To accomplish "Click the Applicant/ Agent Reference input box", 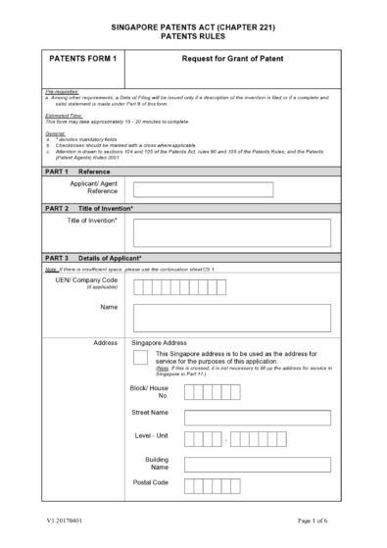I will coord(231,188).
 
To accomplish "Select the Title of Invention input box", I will coord(231,231).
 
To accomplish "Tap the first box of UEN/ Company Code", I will coord(138,286).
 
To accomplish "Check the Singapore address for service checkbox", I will coord(140,358).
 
